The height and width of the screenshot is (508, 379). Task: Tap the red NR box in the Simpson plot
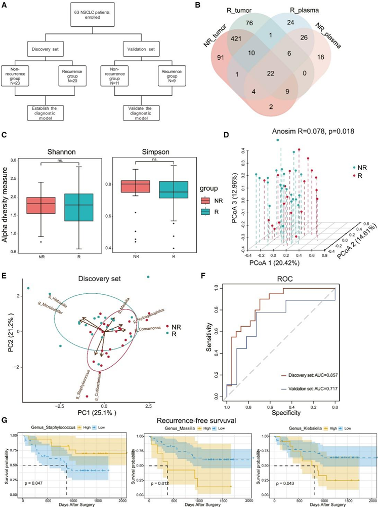click(x=135, y=187)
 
